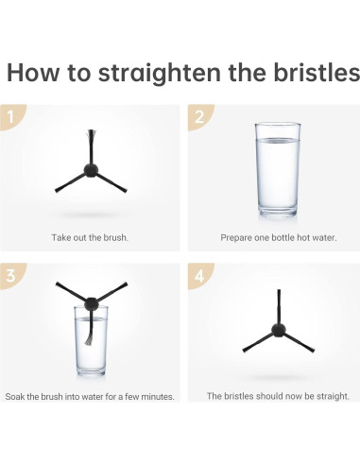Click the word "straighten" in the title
click(159, 74)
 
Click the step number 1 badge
click(11, 116)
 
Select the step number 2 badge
click(199, 116)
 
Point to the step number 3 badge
click(11, 275)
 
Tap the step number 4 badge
click(199, 275)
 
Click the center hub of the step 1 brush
click(91, 170)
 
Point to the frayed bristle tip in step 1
click(91, 133)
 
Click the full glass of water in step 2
click(278, 170)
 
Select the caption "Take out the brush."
click(90, 237)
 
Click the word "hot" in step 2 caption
click(303, 237)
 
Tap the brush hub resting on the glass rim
click(91, 303)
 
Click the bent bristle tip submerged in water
click(88, 340)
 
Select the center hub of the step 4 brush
click(279, 330)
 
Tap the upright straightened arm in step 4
click(279, 306)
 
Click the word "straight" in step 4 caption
click(334, 396)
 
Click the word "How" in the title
click(33, 73)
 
